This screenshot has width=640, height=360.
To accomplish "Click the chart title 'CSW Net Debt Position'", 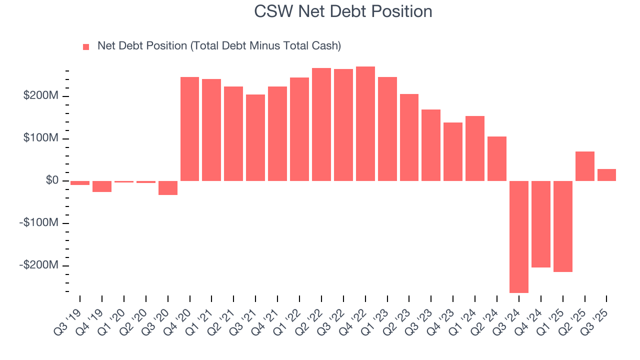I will pos(342,11).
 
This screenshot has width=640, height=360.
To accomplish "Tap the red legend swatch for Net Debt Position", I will pos(86,46).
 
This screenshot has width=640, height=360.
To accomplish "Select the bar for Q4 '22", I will pos(365,123).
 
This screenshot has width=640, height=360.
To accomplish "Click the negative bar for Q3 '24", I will pos(519,236).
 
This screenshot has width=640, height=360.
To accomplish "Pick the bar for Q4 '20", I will pos(189,129).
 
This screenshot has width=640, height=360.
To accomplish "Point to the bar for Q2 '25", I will pos(585,166).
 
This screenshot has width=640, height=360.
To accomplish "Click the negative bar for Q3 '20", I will pos(168,187).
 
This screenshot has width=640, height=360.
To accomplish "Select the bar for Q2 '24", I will pos(497,158).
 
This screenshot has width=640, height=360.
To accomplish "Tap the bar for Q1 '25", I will pos(563,226).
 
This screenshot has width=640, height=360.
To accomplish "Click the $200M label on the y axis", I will pos(40,96).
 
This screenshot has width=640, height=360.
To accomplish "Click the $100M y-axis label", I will pos(40,138).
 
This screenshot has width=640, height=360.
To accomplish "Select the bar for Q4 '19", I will pos(102,186).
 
